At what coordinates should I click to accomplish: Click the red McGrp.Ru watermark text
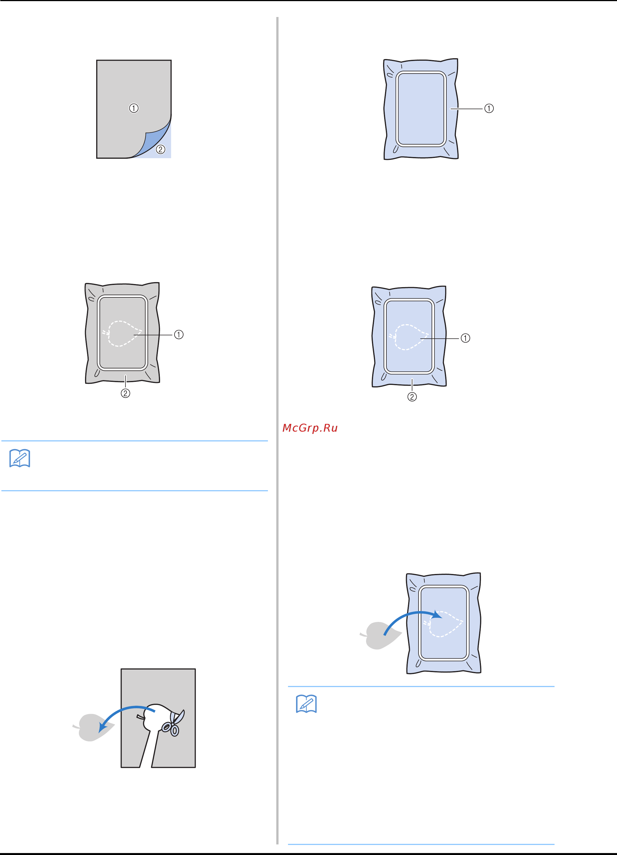click(310, 428)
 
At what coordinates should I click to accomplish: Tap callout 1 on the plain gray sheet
click(134, 108)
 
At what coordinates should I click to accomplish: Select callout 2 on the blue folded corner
click(160, 149)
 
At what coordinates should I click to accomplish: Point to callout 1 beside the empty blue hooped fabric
click(489, 109)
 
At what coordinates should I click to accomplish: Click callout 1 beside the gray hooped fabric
click(178, 334)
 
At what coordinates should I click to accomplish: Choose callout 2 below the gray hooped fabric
click(125, 393)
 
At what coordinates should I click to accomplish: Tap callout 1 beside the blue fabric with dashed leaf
click(465, 338)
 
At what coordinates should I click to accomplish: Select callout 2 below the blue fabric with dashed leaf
click(412, 397)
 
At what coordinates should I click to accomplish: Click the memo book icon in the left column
click(20, 458)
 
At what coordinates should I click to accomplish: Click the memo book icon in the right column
click(306, 703)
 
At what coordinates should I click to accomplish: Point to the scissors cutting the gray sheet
click(172, 723)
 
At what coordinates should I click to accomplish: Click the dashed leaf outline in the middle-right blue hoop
click(409, 337)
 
